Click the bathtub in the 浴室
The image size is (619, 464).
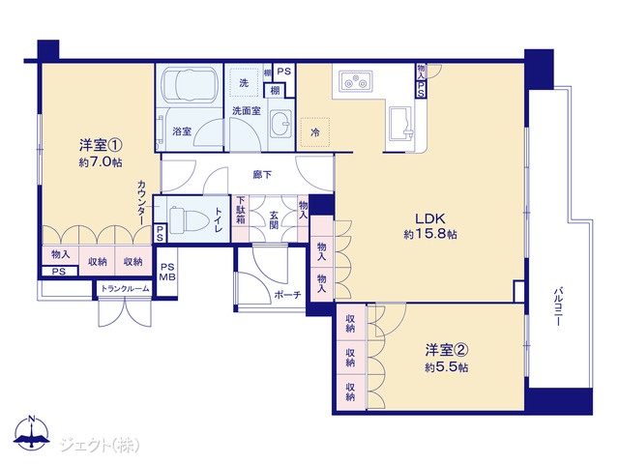point(191,84)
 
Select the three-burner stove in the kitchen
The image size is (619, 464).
point(355,81)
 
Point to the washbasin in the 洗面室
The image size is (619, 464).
point(280,123)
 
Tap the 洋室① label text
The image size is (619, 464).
point(101,145)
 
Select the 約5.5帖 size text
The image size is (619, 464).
point(447,367)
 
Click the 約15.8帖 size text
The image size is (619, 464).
point(430,234)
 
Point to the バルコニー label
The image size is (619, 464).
point(557,307)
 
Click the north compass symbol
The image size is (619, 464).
point(32,432)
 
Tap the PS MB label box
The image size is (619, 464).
point(167,272)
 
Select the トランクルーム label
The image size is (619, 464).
point(125,288)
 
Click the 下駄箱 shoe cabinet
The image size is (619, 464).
point(241,218)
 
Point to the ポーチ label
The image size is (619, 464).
point(287,295)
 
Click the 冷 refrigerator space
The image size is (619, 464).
point(314,132)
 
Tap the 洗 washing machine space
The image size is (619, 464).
point(244,82)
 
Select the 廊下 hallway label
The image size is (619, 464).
point(262,174)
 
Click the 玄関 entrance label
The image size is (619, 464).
point(274,219)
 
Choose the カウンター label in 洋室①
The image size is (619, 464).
point(142,203)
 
